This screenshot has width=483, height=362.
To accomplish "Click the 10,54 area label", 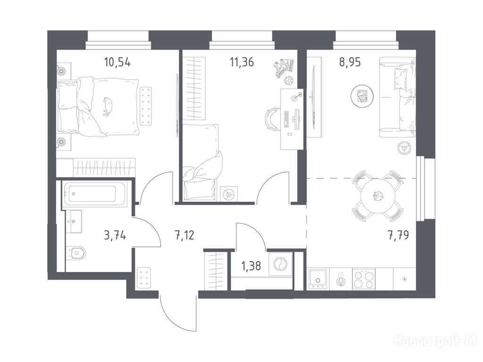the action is coord(117,63).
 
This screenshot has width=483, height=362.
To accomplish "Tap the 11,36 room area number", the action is coord(242,63).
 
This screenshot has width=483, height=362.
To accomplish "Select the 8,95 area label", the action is coord(350,63).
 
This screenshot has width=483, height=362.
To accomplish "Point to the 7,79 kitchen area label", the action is coord(398,236).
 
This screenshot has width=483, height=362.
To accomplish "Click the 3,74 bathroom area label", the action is coord(115,236).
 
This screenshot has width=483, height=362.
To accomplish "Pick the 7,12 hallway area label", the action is coord(184,236).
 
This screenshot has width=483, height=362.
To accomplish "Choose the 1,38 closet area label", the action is coord(251,266).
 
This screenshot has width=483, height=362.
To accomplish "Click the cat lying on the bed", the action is coord(108,106).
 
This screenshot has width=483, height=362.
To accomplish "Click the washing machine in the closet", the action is coord(280,263).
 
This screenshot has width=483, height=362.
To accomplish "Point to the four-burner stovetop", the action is coord(364,279).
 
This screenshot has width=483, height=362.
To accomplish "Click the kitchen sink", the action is coord(318,279).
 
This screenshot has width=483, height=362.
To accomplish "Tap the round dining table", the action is coord(378,196).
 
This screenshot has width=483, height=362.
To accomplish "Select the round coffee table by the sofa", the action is coord(362,96).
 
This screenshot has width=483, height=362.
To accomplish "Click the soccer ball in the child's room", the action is coord(288,81).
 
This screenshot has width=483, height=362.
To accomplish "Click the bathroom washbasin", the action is coord(74,222).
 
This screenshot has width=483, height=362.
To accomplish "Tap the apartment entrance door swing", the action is coord(178,312).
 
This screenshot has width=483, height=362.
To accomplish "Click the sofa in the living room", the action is coord(397,97).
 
